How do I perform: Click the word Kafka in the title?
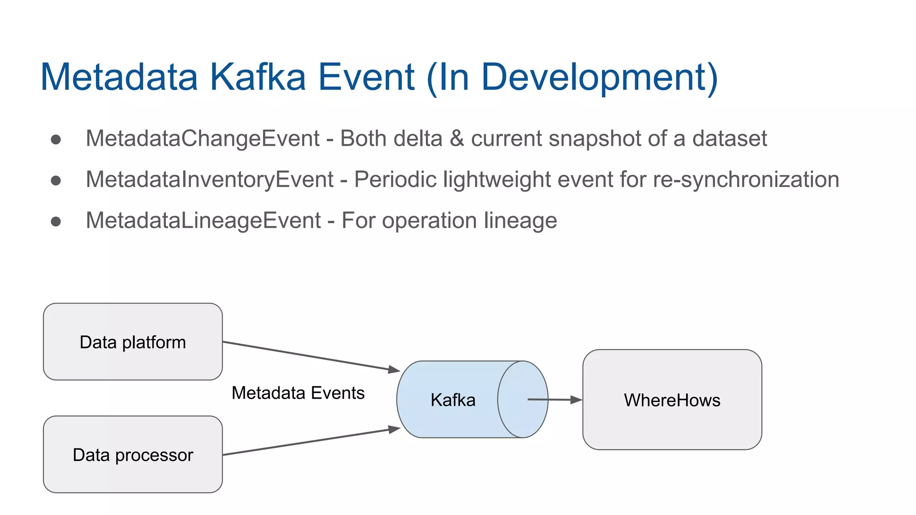[258, 77]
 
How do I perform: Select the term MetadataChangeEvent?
[202, 138]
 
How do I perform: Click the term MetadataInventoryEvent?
[209, 179]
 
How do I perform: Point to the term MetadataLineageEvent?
[203, 220]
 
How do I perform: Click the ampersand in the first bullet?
[457, 138]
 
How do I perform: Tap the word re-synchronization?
[746, 179]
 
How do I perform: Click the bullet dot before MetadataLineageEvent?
[56, 221]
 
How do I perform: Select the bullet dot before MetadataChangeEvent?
[56, 139]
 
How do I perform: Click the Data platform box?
[133, 342]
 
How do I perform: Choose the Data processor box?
[133, 455]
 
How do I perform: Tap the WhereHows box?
[672, 400]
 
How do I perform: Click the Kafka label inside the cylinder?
[453, 400]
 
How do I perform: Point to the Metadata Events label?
[298, 393]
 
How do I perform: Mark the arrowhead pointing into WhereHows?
[576, 400]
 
